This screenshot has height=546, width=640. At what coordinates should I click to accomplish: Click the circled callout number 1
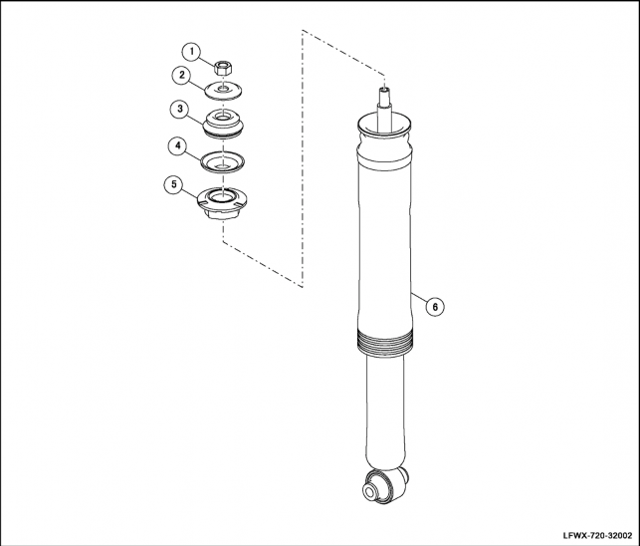[x=191, y=53]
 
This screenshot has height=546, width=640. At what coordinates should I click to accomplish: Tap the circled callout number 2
[x=182, y=76]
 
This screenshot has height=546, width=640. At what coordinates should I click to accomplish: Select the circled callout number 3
[x=179, y=110]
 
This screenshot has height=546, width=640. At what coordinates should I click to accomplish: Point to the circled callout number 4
[x=178, y=145]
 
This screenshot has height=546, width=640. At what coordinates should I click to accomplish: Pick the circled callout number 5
[x=174, y=184]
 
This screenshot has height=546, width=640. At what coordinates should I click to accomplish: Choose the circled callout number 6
[x=435, y=307]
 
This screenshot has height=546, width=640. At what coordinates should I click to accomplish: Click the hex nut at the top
[x=222, y=67]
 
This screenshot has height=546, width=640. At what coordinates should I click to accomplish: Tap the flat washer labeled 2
[x=223, y=91]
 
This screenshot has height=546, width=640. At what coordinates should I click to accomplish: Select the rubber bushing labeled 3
[x=223, y=123]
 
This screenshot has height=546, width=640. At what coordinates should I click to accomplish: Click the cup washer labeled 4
[x=222, y=161]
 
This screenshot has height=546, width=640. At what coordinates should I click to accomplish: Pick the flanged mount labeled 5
[x=222, y=203]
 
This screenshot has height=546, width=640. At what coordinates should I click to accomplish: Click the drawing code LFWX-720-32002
[x=597, y=535]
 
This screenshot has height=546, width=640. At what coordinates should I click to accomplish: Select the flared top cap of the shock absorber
[x=384, y=125]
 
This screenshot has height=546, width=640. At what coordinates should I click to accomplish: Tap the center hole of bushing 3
[x=223, y=119]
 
